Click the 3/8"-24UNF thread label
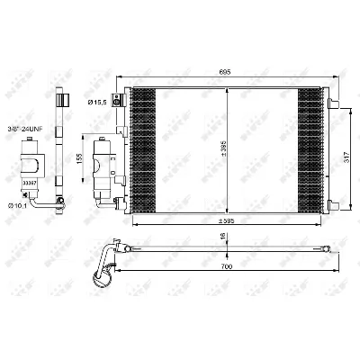tap(31, 129)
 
